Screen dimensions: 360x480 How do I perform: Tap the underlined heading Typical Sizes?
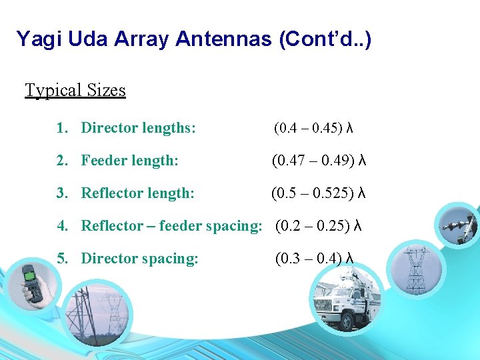click(x=75, y=90)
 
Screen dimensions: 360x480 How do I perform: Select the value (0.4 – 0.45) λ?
click(x=313, y=128)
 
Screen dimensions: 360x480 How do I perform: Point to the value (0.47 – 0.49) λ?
click(x=319, y=161)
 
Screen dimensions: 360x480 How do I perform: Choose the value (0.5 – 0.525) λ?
click(x=319, y=193)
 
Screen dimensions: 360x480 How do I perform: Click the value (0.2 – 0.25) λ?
click(x=319, y=226)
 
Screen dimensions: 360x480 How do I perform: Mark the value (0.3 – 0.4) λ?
click(x=314, y=259)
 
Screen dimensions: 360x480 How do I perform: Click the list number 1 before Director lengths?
click(x=62, y=128)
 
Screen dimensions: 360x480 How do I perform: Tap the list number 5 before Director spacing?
click(x=62, y=259)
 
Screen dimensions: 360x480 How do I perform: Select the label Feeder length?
click(x=129, y=161)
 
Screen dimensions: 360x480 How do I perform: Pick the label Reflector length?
click(x=137, y=193)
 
